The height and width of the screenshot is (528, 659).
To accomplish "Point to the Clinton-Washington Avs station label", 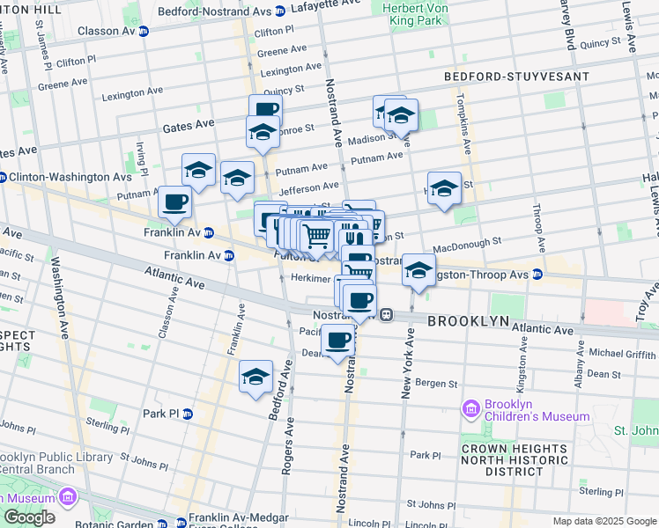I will [x=70, y=177].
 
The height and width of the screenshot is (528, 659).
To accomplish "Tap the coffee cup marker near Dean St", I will [x=338, y=341].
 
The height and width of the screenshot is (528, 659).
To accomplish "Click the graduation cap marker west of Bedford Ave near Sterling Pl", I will [x=255, y=378].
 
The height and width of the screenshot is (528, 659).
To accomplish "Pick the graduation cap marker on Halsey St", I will [x=444, y=188].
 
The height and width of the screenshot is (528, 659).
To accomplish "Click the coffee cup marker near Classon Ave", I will [x=174, y=202].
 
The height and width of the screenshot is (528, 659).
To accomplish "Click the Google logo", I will [x=29, y=517].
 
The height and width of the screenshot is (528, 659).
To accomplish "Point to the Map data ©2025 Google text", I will [x=603, y=521].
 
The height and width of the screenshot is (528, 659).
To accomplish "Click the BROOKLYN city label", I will [x=468, y=322].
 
